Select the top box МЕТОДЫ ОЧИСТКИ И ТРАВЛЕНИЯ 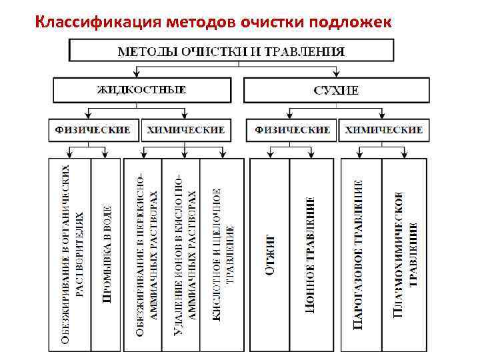click(231, 51)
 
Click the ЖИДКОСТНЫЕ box click(142, 90)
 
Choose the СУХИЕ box click(336, 90)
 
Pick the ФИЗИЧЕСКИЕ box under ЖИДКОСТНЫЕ click(93, 129)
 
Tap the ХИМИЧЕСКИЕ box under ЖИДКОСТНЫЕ click(186, 129)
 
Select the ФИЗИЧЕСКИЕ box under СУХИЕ click(293, 129)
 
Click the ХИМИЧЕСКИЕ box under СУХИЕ click(384, 129)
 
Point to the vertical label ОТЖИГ click(269, 255)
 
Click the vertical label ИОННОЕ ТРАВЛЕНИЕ click(310, 255)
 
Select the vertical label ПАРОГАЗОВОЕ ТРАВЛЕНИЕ click(359, 255)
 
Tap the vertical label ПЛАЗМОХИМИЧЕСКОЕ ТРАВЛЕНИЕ click(405, 255)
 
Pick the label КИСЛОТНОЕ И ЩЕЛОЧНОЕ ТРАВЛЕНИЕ click(223, 255)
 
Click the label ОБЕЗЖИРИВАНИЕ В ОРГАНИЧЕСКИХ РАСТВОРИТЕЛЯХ click(70, 255)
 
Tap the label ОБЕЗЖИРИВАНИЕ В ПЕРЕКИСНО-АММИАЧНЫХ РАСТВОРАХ click(144, 255)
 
